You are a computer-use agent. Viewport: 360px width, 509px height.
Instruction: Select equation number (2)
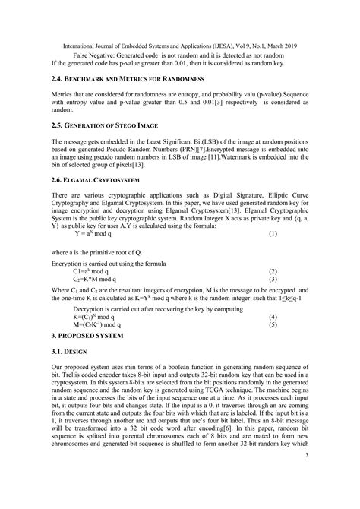click(x=273, y=271)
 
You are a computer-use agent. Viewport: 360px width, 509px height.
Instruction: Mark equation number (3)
click(x=273, y=280)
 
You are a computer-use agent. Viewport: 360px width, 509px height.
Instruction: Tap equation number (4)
click(x=273, y=315)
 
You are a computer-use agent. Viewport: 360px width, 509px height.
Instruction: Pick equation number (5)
click(x=273, y=324)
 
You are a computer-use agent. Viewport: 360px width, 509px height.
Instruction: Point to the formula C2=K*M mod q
click(x=98, y=280)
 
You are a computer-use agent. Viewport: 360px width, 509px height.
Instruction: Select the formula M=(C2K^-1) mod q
click(x=101, y=324)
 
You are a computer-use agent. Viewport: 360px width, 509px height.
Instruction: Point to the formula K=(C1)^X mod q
click(x=98, y=315)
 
